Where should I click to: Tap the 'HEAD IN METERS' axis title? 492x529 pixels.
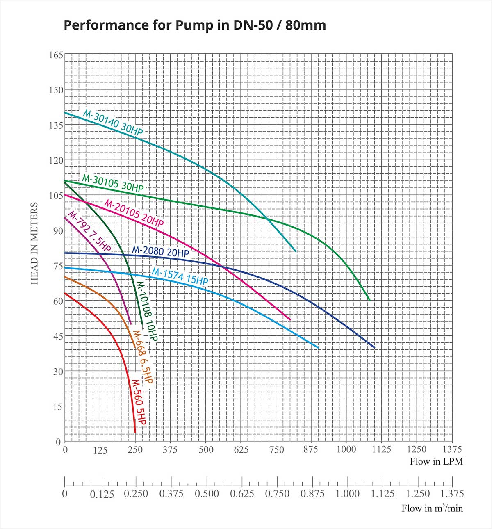[x=34, y=243]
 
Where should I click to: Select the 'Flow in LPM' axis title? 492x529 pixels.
[x=436, y=462]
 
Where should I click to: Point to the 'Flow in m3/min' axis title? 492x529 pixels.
[x=432, y=508]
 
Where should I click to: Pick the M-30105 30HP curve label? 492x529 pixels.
[x=113, y=183]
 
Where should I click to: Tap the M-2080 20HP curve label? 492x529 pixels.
[x=160, y=251]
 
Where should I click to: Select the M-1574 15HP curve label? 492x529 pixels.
[x=180, y=276]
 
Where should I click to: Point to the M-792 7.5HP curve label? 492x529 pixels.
[x=89, y=231]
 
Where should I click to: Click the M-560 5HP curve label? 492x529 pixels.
[x=139, y=402]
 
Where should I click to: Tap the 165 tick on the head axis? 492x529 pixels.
[x=56, y=55]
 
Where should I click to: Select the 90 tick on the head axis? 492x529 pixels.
[x=58, y=231]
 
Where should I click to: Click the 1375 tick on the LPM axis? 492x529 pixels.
[x=452, y=449]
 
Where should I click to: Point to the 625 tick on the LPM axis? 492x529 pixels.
[x=241, y=450]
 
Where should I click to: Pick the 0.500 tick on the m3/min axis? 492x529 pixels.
[x=207, y=494]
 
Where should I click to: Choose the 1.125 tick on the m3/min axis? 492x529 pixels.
[x=383, y=494]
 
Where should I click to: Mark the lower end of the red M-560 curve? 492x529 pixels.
[x=135, y=431]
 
